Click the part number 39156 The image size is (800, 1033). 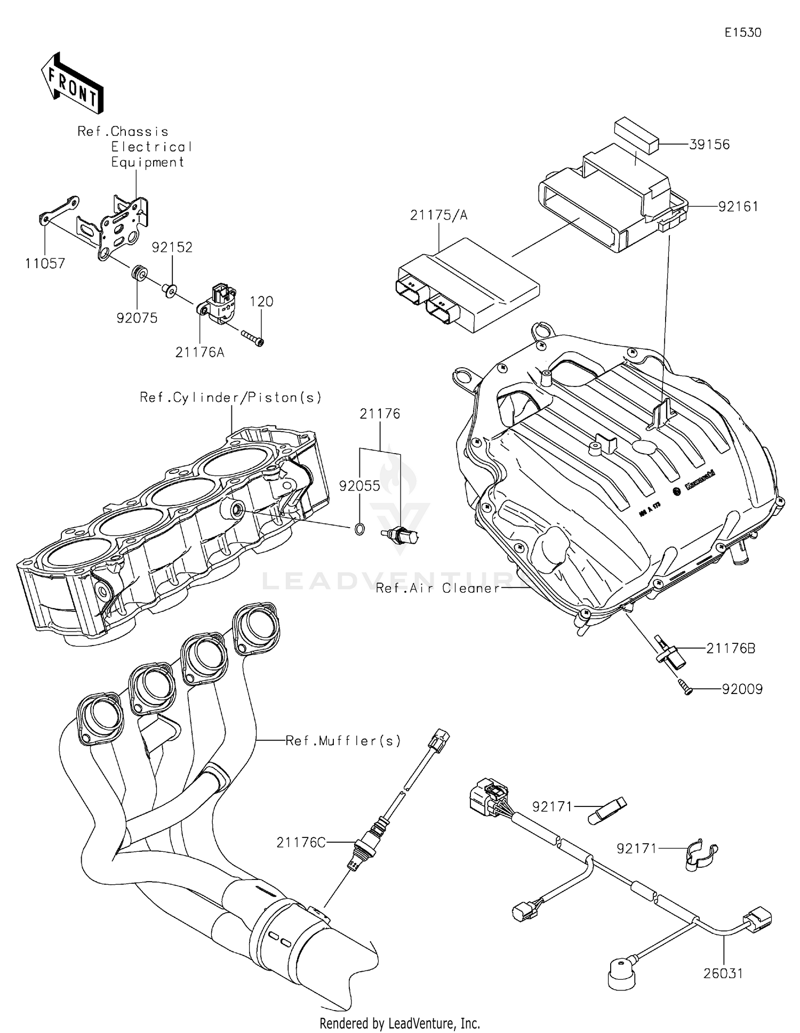click(x=709, y=145)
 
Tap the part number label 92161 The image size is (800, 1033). click(x=738, y=207)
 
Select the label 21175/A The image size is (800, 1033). click(x=438, y=215)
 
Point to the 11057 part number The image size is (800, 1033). click(x=45, y=263)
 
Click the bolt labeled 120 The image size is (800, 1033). click(x=253, y=338)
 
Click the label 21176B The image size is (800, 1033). click(x=730, y=649)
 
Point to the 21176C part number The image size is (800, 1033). click(x=301, y=842)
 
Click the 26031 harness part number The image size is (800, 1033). click(x=723, y=974)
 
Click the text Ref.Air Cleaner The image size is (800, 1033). click(x=438, y=588)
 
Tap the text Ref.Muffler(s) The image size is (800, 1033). click(x=343, y=741)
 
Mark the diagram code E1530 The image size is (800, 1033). click(x=742, y=33)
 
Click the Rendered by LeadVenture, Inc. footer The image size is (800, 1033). click(x=399, y=1023)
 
